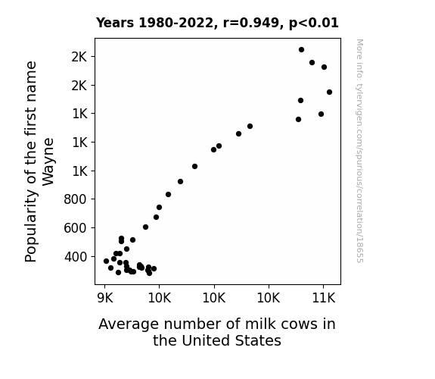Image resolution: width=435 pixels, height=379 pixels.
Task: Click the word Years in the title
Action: coord(115,23)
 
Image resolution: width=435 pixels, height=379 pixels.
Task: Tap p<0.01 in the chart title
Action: coord(314,23)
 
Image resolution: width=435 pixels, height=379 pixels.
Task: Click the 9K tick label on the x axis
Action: coord(105,299)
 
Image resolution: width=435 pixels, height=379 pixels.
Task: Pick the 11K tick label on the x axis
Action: coord(324,299)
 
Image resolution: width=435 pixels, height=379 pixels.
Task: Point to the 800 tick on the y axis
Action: coord(75,199)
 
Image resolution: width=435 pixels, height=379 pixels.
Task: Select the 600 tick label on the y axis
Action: coord(75,228)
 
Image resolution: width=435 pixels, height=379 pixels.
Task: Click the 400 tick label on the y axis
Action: coord(75,257)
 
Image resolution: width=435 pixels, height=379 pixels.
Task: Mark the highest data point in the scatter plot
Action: coord(302,50)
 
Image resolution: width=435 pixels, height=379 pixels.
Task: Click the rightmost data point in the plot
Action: coord(329,92)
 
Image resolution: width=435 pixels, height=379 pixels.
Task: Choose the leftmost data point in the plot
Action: coord(106,261)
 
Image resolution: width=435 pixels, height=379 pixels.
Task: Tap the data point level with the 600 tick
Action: coord(146,227)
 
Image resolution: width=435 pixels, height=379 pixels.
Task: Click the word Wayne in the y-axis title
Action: coord(48,161)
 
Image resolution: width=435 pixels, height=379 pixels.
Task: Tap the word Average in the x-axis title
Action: coord(129,324)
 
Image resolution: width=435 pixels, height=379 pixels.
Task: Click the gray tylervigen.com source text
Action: coord(359,151)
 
